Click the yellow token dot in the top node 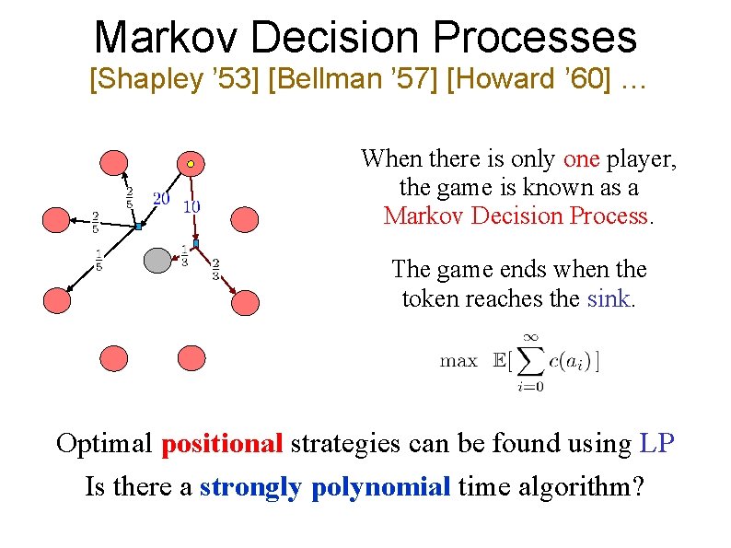tap(190, 164)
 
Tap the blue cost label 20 tap(160, 197)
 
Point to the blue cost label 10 tap(191, 206)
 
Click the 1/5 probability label tap(98, 261)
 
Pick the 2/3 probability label tap(215, 269)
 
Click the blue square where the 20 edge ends tap(137, 226)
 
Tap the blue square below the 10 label tap(195, 243)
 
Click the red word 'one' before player tap(581, 159)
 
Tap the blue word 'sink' tap(607, 298)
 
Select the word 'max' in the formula tap(458, 361)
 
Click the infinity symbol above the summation tap(531, 337)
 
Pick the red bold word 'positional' tap(222, 444)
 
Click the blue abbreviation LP tap(656, 444)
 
